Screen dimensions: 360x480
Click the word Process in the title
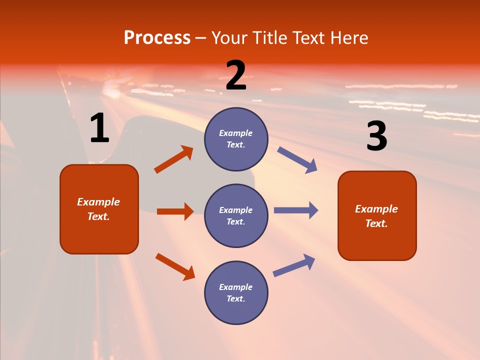point(157,38)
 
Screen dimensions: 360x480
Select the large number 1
point(99,128)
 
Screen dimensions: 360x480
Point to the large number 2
point(236,75)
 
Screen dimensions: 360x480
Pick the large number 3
point(376,136)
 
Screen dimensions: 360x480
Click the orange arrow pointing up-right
point(174,159)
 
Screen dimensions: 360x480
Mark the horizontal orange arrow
point(175,211)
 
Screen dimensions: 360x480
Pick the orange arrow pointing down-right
point(175,266)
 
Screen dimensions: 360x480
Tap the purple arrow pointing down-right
point(297,160)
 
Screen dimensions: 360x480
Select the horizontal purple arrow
point(296,210)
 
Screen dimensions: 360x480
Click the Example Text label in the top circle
point(236,139)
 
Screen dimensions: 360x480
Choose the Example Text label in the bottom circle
point(236,293)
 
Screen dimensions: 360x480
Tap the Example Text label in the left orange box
point(99,209)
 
